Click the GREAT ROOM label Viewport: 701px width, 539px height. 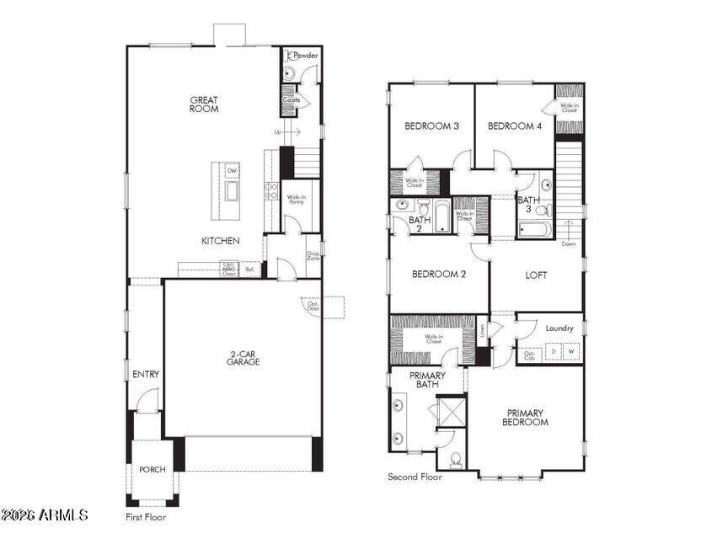click(204, 104)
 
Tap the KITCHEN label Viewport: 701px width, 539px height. click(220, 241)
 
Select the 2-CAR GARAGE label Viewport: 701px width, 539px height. click(243, 357)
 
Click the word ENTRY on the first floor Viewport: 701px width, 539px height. click(146, 374)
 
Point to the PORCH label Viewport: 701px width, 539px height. click(153, 470)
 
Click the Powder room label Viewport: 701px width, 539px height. click(306, 56)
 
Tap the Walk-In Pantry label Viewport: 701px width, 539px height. click(296, 200)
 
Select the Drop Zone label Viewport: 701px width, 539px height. click(313, 256)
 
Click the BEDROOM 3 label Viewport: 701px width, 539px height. click(431, 126)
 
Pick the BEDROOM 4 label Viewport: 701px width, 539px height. click(515, 126)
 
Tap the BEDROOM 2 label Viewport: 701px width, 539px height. click(438, 274)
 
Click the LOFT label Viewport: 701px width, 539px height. click(537, 275)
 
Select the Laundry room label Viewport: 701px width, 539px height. click(559, 328)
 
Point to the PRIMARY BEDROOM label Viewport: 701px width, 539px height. click(526, 419)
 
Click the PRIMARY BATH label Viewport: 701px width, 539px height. click(428, 380)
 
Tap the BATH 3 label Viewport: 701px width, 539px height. click(529, 205)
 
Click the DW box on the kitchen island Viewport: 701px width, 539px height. click(232, 171)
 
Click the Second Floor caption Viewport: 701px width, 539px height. click(415, 477)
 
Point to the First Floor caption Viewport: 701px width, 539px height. click(146, 517)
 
